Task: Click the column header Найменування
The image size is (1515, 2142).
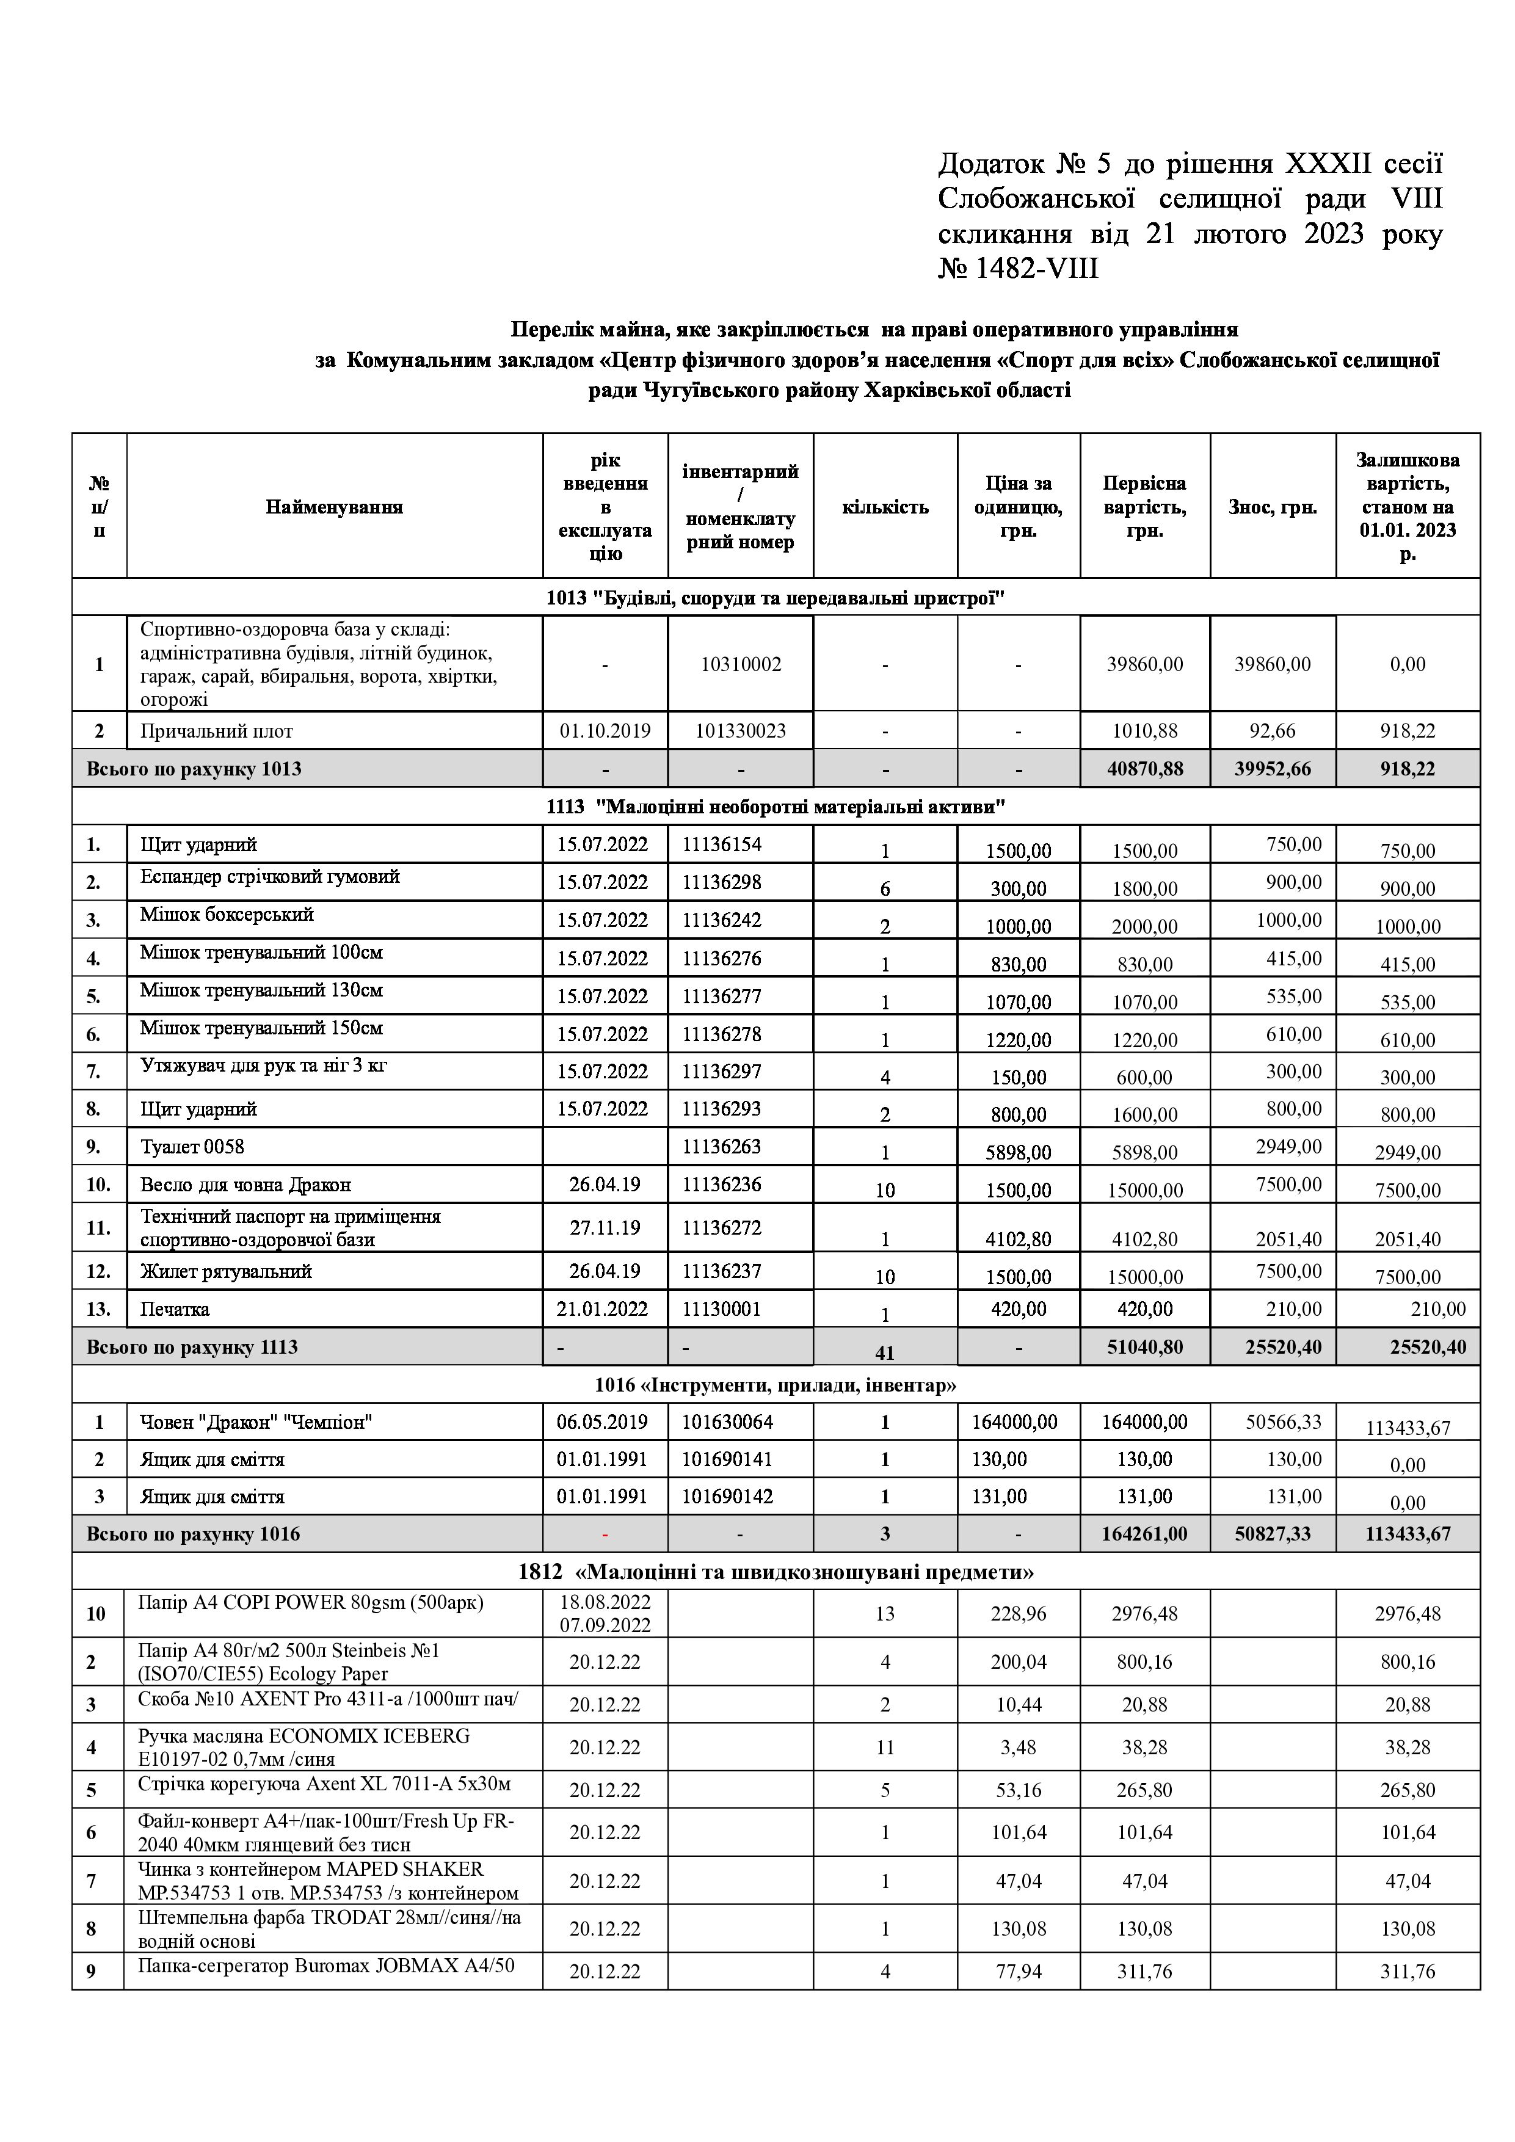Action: [334, 507]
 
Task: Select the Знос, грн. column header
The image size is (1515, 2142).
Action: [1273, 507]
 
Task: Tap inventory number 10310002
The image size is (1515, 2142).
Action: [741, 664]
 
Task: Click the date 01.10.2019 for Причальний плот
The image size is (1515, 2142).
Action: [605, 730]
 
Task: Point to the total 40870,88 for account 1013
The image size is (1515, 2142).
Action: [1144, 769]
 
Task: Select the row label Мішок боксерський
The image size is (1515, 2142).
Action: [227, 914]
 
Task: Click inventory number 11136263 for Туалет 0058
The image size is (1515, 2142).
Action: [721, 1147]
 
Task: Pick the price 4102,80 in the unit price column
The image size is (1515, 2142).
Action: [1018, 1239]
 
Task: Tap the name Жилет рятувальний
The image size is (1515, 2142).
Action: [226, 1271]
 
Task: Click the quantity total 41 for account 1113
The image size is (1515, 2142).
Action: [884, 1352]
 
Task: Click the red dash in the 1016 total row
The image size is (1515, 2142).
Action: [605, 1534]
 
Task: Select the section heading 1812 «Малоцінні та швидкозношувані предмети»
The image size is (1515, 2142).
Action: [776, 1572]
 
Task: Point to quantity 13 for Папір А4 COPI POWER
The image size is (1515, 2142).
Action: [884, 1613]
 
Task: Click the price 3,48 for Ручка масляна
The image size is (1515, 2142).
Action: [1018, 1748]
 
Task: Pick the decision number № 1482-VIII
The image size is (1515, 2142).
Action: [1018, 269]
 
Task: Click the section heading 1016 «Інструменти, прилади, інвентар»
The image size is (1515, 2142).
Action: [776, 1384]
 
